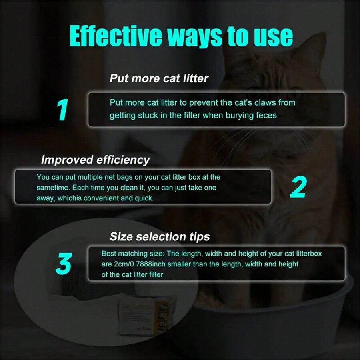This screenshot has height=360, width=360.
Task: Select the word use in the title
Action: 272,36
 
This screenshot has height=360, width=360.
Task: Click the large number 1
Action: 62,110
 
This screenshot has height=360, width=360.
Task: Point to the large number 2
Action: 298,186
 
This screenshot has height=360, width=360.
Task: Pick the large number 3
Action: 63,264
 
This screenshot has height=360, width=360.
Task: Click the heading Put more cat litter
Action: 159,78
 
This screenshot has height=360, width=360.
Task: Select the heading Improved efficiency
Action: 95,160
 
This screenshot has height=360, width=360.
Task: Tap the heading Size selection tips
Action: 160,236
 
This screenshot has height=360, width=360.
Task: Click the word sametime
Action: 52,188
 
